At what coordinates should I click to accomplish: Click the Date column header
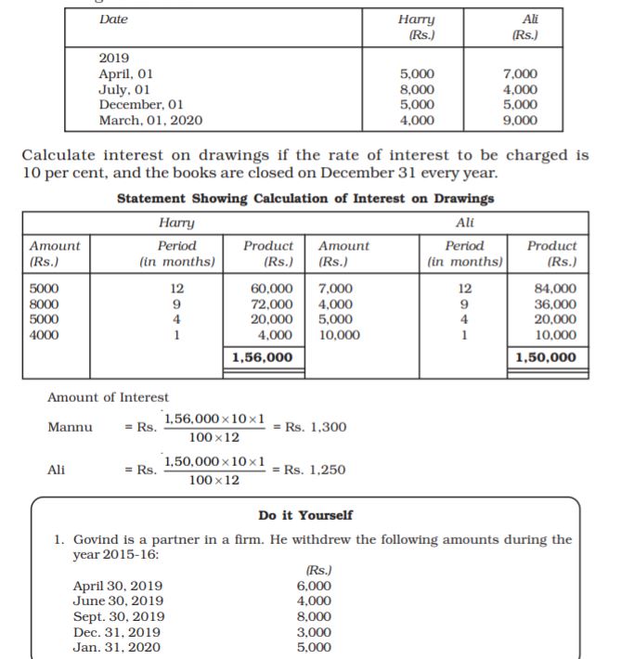114,19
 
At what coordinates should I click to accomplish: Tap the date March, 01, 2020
150,120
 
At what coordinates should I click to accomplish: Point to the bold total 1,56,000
263,357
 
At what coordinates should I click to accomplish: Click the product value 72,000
274,304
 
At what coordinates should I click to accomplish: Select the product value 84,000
556,289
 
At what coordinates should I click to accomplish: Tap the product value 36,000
556,304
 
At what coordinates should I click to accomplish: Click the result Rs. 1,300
316,427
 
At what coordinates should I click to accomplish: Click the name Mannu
69,427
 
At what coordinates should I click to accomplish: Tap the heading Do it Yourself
305,515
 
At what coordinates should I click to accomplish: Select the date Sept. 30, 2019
119,616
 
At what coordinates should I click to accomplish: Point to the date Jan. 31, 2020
117,647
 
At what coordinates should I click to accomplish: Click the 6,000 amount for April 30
314,586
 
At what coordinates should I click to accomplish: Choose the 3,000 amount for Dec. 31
314,631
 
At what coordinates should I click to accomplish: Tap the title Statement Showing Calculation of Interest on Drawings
305,198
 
